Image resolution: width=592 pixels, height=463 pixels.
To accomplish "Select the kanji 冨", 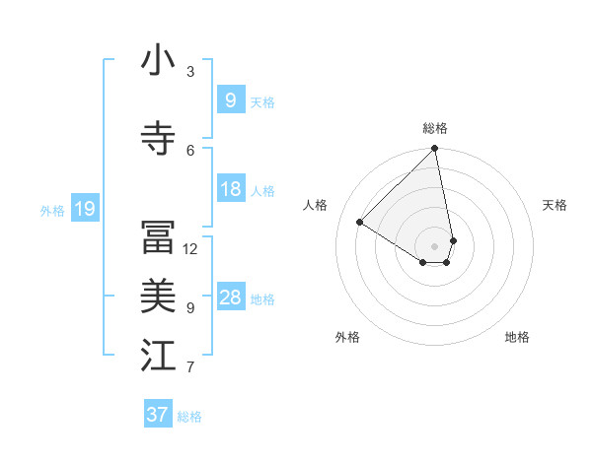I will (158, 237).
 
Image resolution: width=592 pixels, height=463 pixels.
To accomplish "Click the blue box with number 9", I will (230, 99).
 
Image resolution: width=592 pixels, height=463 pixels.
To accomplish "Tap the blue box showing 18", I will (230, 189).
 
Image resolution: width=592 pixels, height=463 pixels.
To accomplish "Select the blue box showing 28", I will (230, 298).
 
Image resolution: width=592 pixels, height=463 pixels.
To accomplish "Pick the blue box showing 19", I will (84, 208).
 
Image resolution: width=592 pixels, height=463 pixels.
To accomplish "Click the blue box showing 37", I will (158, 415).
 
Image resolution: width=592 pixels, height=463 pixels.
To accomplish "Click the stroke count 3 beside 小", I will (190, 72).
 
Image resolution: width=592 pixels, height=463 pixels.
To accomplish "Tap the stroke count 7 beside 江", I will (190, 367).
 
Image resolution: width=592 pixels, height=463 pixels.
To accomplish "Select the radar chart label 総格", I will (435, 128).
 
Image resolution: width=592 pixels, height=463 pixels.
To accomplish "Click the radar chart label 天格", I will (555, 205).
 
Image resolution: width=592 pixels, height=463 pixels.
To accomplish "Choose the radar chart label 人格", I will (316, 205).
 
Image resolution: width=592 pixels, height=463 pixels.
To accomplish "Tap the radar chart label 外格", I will (347, 337).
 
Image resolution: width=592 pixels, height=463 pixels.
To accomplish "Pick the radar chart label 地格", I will (517, 337).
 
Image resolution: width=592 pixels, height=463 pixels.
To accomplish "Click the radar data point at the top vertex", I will (434, 150).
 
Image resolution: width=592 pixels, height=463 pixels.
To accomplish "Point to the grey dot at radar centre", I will (434, 245).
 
